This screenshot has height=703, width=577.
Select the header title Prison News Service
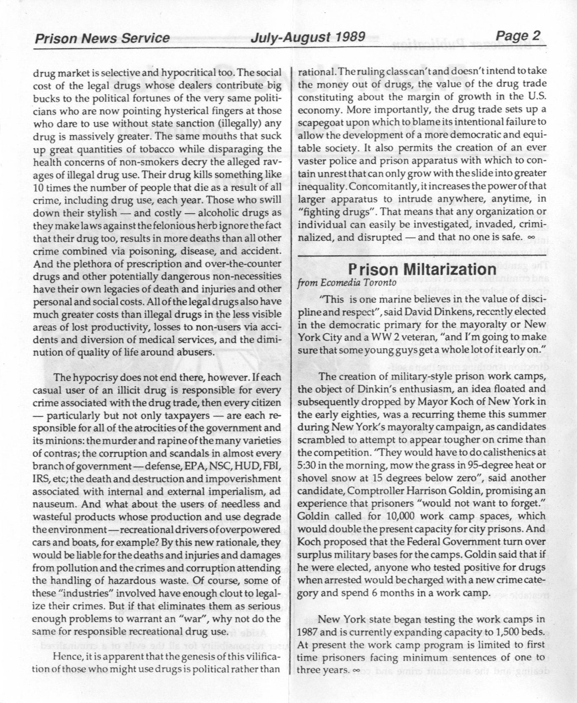click(x=102, y=38)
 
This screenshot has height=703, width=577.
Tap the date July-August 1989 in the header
click(x=308, y=37)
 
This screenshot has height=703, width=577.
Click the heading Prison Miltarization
click(x=423, y=270)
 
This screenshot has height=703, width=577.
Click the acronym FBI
click(x=272, y=466)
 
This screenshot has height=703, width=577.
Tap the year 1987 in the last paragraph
click(x=309, y=632)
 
